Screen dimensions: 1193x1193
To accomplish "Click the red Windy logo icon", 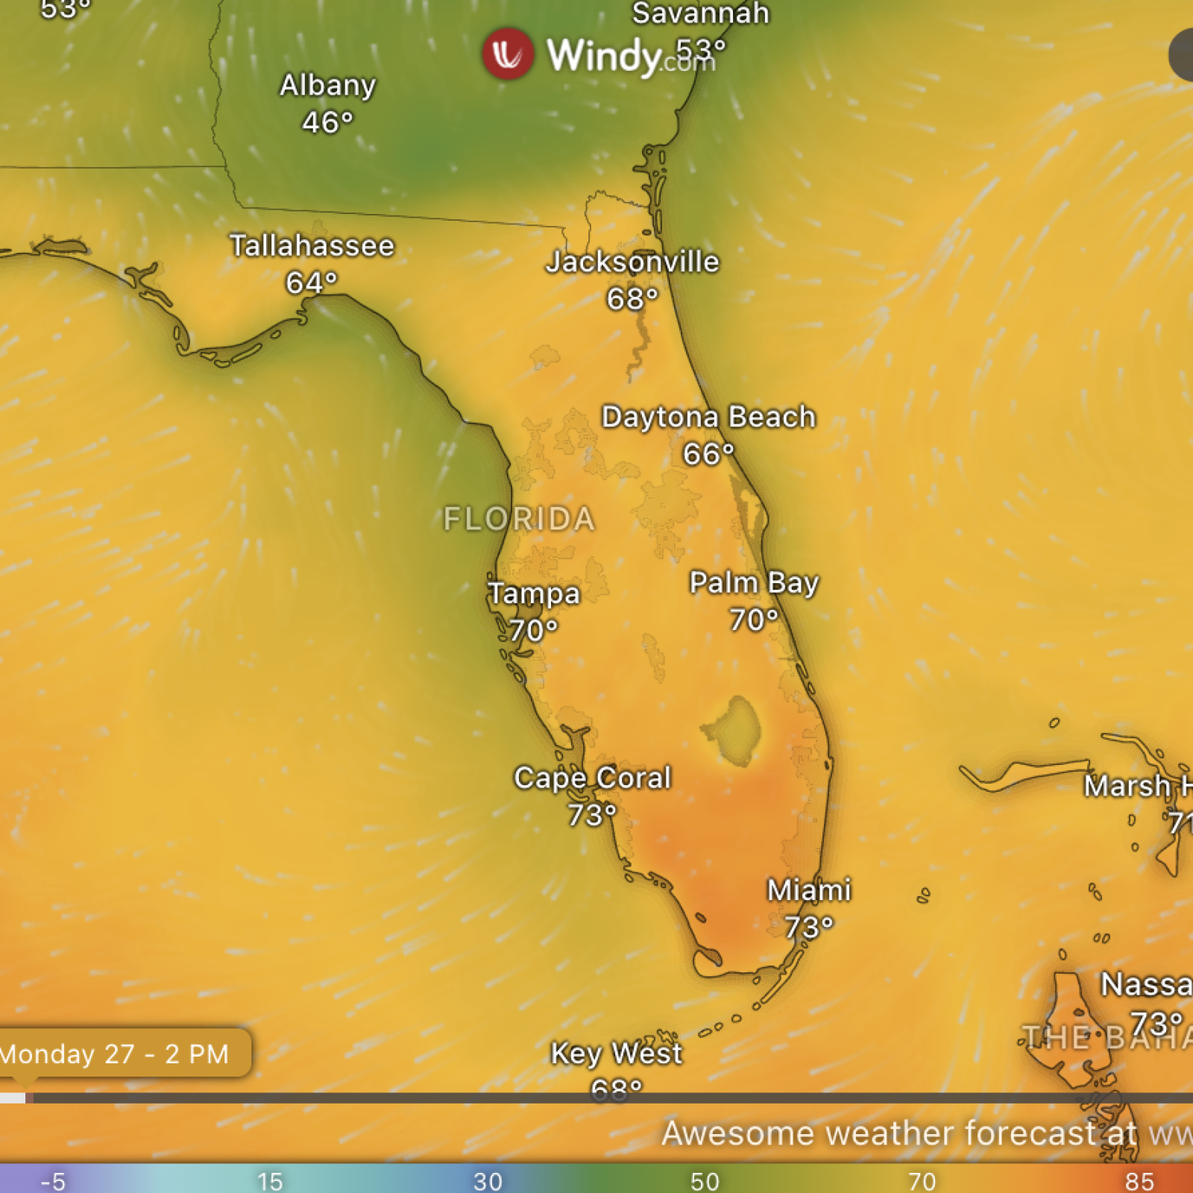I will click(508, 54).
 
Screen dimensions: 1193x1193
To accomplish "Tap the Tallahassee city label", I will click(312, 246).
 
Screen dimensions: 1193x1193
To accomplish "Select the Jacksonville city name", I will click(633, 262).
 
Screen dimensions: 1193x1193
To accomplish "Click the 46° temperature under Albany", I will click(327, 122).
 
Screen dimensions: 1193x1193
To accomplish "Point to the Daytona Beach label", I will click(708, 417).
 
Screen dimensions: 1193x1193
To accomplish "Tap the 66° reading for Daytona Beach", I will click(708, 453).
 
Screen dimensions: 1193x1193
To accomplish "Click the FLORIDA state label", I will click(520, 519).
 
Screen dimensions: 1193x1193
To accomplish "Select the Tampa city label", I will click(534, 594).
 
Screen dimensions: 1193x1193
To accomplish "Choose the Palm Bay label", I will click(754, 582).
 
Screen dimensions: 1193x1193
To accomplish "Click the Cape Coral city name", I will click(593, 778).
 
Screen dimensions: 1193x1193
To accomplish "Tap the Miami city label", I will click(809, 890).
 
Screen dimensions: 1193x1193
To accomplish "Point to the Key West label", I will click(616, 1054).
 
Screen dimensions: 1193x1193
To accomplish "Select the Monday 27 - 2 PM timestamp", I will click(116, 1054).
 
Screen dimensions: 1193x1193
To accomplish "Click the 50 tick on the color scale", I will click(705, 1181).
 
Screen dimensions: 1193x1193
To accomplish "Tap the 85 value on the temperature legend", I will click(1139, 1181).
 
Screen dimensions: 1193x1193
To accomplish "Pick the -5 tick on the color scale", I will click(54, 1181).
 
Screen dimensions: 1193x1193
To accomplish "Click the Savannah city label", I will click(701, 13).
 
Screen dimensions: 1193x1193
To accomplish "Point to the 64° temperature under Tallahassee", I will click(312, 283).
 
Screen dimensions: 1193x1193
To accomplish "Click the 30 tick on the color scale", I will click(488, 1181).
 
